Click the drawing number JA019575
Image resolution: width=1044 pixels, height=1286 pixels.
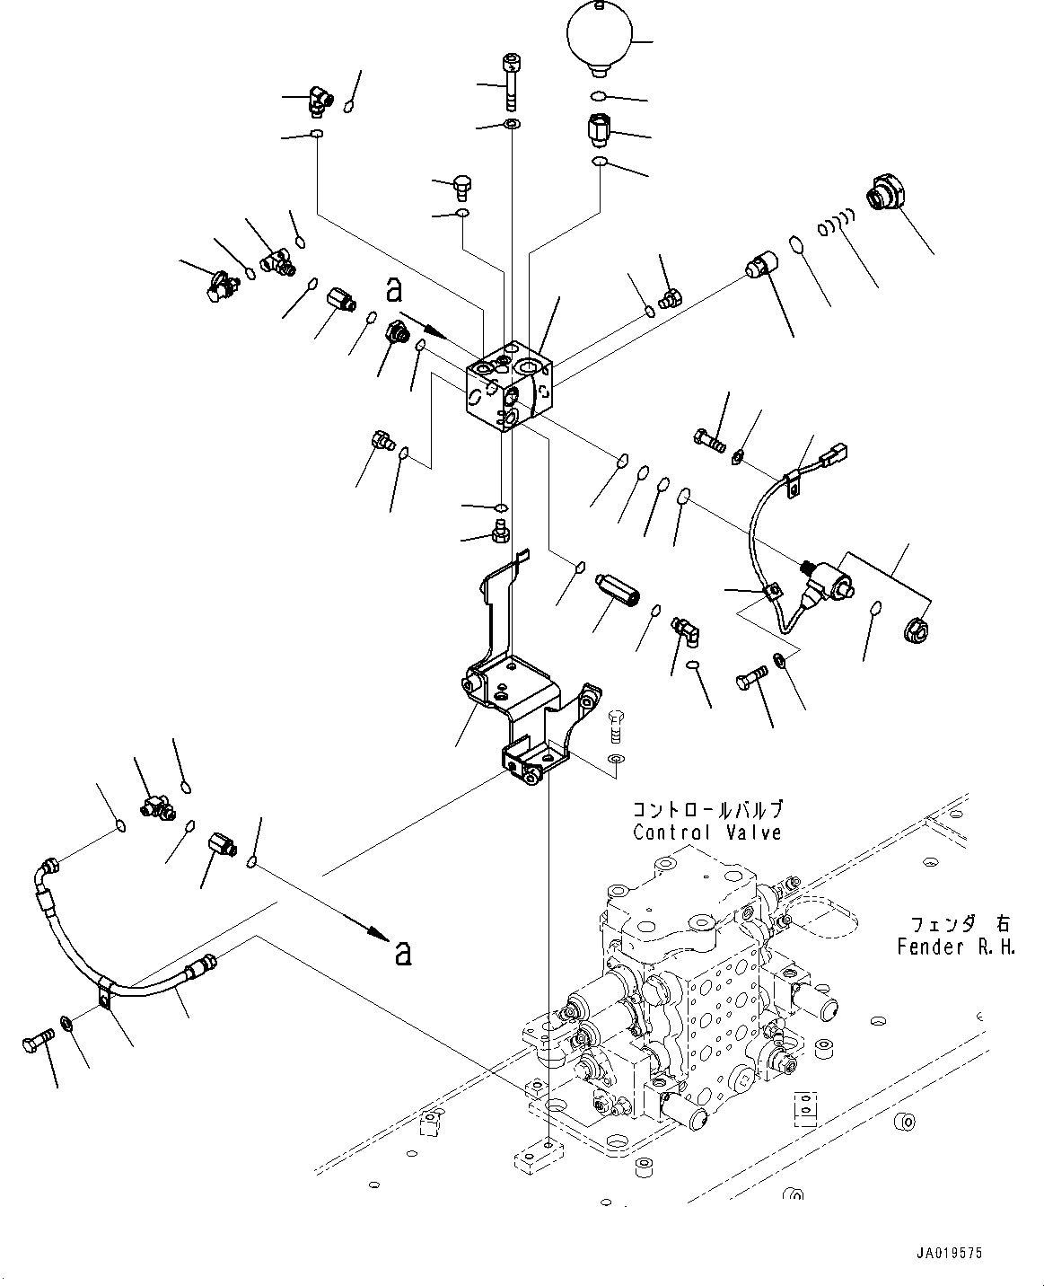(x=949, y=1254)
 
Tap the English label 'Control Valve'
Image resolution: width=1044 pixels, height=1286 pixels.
(x=706, y=832)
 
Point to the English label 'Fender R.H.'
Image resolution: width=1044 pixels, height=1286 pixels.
(x=956, y=946)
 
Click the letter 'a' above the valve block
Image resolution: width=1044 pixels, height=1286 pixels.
(x=393, y=290)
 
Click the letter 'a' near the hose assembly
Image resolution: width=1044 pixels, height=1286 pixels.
(x=402, y=953)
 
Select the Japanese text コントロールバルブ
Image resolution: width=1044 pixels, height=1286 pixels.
(x=707, y=809)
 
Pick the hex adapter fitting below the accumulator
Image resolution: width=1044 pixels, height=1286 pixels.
(x=599, y=130)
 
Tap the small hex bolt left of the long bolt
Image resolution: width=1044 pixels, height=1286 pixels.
(x=461, y=187)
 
